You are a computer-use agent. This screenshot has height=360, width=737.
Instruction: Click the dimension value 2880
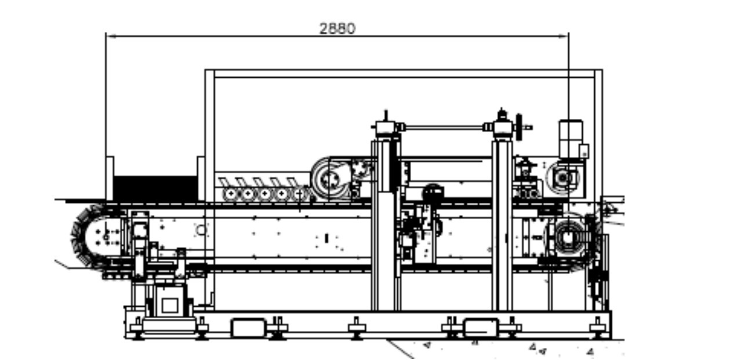click(337, 28)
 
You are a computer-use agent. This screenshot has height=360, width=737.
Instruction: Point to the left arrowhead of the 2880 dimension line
click(111, 36)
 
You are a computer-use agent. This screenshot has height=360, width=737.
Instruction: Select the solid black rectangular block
click(155, 188)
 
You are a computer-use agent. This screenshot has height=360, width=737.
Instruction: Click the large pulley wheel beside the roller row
click(328, 179)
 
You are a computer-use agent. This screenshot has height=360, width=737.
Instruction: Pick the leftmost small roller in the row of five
click(231, 194)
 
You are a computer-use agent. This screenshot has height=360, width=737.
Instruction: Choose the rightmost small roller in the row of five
click(299, 194)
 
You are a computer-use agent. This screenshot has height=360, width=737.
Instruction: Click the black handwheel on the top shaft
click(519, 127)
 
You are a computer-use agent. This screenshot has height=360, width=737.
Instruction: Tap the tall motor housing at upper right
click(571, 139)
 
